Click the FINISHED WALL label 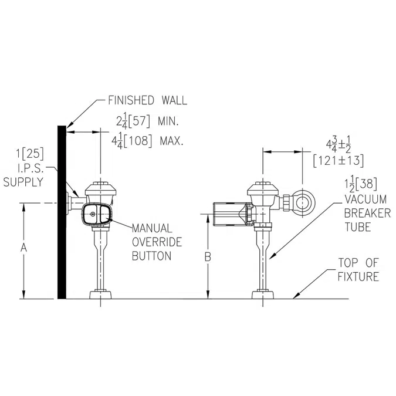click(x=147, y=100)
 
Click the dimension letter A click(x=24, y=249)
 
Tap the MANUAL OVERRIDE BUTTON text click(x=151, y=241)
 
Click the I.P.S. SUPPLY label click(x=23, y=175)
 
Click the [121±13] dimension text click(x=339, y=160)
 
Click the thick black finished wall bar click(x=61, y=212)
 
